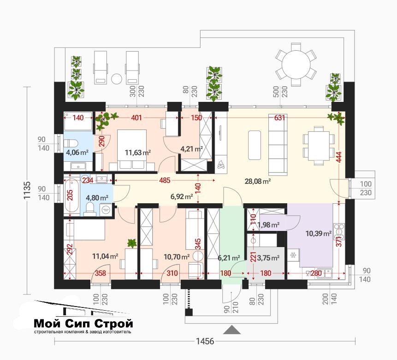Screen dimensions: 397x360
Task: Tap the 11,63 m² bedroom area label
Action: tap(138, 153)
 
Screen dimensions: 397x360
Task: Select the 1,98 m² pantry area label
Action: tap(268, 225)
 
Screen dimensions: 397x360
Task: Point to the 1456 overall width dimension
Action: tap(205, 341)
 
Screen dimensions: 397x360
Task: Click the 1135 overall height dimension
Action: tap(27, 190)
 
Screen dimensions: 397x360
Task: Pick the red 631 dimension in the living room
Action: tap(279, 118)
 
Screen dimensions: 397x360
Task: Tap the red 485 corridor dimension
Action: tap(165, 181)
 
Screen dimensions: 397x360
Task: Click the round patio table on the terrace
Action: tap(296, 65)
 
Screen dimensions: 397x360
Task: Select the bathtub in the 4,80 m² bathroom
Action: tap(71, 195)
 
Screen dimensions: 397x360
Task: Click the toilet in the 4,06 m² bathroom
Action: tap(71, 143)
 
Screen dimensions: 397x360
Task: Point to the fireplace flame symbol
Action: tap(220, 164)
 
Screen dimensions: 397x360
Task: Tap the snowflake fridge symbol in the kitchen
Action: tap(293, 255)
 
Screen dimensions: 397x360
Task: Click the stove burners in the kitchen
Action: tap(339, 231)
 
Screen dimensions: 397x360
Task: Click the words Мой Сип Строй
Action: tap(83, 323)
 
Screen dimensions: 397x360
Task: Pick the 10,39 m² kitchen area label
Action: tap(319, 233)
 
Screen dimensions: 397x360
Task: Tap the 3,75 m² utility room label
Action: tap(268, 258)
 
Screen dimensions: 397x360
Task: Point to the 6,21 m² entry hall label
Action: tap(229, 258)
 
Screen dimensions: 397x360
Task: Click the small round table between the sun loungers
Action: tap(117, 79)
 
